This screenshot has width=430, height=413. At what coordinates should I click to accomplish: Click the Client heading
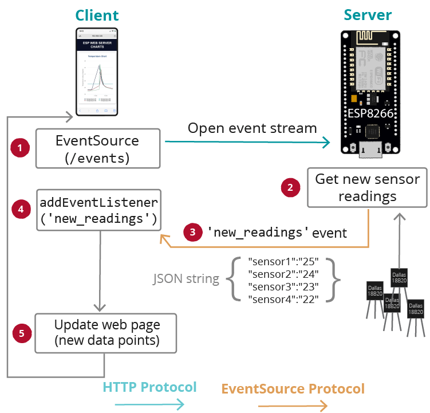tap(97, 15)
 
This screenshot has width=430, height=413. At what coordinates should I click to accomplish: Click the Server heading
tap(367, 15)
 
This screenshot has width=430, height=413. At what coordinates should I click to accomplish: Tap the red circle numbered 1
tap(20, 148)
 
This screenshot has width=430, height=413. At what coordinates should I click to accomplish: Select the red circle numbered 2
tap(290, 187)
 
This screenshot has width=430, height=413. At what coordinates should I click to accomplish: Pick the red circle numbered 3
tap(192, 233)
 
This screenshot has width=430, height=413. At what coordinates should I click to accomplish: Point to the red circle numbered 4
tap(21, 209)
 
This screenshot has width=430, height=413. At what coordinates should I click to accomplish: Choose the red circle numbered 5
tap(21, 332)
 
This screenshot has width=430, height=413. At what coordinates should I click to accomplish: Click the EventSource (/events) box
tap(97, 148)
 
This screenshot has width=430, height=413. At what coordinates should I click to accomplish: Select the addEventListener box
tap(98, 210)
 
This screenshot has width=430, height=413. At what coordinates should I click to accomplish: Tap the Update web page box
tap(106, 333)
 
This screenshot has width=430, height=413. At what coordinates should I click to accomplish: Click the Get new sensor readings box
tap(367, 187)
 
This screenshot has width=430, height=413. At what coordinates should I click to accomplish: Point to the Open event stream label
tap(252, 128)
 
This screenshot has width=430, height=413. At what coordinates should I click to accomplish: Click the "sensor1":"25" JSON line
tap(283, 261)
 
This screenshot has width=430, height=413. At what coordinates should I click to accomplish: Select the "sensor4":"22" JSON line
tap(283, 298)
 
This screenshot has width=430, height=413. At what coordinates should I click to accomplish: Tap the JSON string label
tap(186, 280)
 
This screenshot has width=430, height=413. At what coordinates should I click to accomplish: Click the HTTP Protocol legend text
tap(149, 387)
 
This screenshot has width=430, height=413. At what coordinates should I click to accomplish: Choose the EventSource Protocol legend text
tap(293, 389)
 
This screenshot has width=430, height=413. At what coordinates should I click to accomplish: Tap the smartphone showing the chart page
tap(97, 72)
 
